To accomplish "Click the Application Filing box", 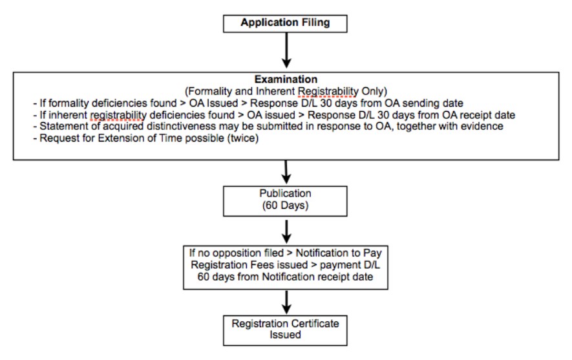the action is tap(285, 24).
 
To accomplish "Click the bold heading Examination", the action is tap(286, 79).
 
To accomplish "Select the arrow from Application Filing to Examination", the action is tap(287, 50).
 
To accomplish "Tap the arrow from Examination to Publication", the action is tap(286, 172).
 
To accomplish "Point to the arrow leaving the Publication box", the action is tap(287, 231).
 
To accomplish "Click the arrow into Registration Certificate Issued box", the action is tap(287, 302).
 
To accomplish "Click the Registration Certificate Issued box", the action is tap(285, 330).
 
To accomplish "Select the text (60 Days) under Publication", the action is tap(285, 206).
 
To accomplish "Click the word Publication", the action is tap(285, 193).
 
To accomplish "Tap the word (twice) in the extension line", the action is tap(243, 138).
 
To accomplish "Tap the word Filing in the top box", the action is tap(316, 23).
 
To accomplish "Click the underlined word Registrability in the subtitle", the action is tap(328, 91).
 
